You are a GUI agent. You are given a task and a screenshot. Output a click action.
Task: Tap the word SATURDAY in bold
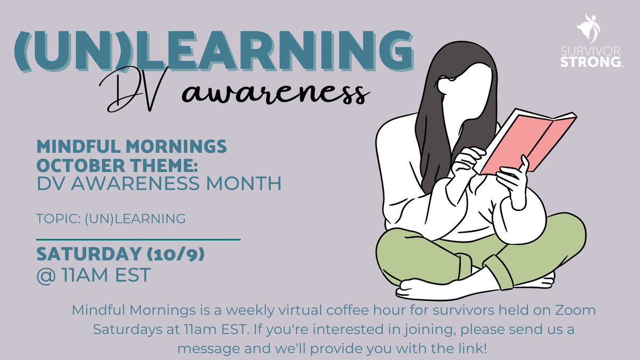[85, 255]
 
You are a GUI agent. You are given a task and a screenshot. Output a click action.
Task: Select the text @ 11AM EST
[93, 276]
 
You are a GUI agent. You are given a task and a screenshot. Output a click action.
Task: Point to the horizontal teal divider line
[138, 240]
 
